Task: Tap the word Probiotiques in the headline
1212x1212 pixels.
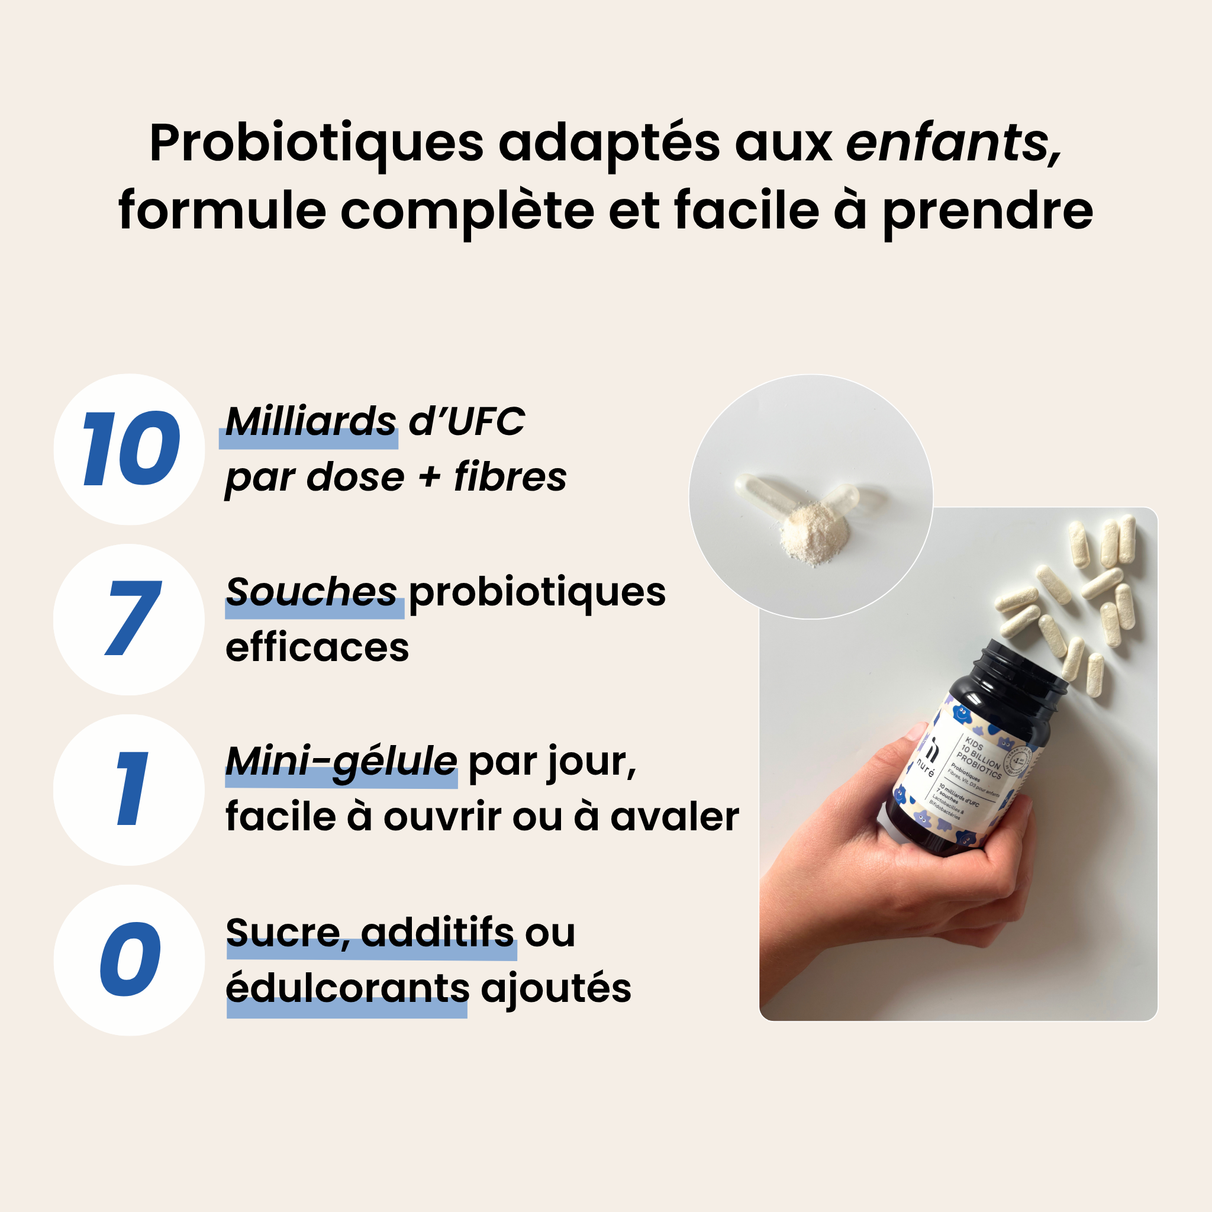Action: [317, 144]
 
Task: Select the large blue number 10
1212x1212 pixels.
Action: [130, 449]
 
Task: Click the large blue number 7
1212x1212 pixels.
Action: [133, 619]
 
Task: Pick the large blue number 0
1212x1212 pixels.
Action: [130, 960]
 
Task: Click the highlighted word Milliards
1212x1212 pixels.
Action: [311, 421]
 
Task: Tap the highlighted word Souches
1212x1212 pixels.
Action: [312, 592]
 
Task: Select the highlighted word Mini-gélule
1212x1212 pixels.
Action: [341, 762]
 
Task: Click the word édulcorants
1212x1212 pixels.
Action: [347, 989]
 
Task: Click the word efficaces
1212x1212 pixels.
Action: [317, 648]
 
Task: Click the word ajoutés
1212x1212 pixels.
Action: [556, 989]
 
